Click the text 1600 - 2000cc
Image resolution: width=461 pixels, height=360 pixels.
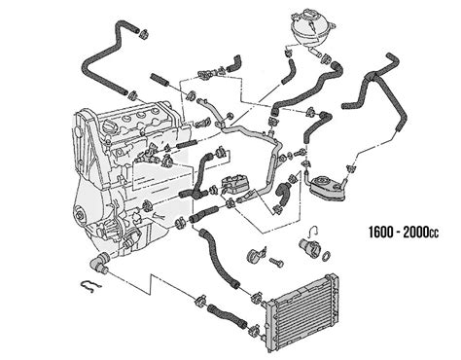[x=404, y=233]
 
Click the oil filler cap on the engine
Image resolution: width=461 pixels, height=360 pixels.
[x=108, y=126]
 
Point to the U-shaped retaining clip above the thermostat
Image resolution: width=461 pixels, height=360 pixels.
[x=314, y=231]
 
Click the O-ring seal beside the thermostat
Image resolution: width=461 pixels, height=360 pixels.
[x=327, y=256]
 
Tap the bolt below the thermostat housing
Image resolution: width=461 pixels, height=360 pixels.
[x=276, y=262]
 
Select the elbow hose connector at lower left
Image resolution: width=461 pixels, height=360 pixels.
[x=99, y=262]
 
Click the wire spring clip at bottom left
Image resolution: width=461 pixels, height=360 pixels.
[x=91, y=285]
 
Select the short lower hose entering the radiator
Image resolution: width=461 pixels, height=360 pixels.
[x=227, y=315]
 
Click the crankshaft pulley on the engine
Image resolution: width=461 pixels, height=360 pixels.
[x=80, y=215]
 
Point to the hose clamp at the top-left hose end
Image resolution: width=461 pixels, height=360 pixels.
[x=144, y=33]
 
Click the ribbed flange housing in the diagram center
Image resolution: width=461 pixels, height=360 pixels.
[x=234, y=184]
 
